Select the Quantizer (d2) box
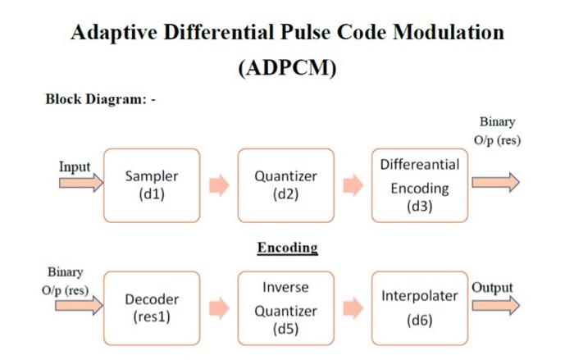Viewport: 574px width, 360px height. (x=285, y=185)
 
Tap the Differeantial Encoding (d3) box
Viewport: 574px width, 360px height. (x=419, y=185)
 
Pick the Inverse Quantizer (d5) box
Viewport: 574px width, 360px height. (x=285, y=308)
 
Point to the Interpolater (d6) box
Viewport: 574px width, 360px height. (x=419, y=308)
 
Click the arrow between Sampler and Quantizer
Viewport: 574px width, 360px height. (x=218, y=186)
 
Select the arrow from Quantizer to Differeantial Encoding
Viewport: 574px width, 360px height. (x=353, y=186)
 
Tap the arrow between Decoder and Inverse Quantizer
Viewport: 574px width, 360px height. (x=218, y=308)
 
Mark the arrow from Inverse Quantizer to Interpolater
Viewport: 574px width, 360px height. (x=353, y=308)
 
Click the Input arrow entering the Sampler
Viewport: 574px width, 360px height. (x=80, y=183)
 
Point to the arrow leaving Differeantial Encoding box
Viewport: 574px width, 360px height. (x=495, y=183)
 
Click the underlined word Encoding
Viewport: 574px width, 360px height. (x=287, y=247)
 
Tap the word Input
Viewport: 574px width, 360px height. (x=75, y=166)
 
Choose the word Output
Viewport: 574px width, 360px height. (x=491, y=288)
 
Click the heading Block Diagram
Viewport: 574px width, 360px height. (x=96, y=100)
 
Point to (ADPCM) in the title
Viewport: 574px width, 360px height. (x=287, y=68)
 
